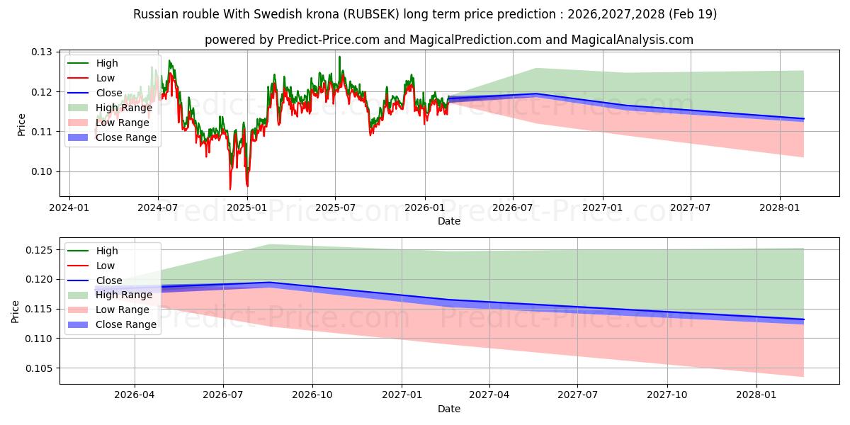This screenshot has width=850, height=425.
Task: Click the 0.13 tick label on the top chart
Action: pyautogui.click(x=41, y=52)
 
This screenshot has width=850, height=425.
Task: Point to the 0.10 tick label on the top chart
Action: pyautogui.click(x=41, y=172)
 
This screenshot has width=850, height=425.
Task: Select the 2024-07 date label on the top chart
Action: pyautogui.click(x=158, y=208)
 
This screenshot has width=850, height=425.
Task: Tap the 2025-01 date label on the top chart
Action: pyautogui.click(x=247, y=208)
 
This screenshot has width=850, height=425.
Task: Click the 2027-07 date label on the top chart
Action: pyautogui.click(x=690, y=208)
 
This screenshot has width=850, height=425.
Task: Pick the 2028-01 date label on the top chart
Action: pyautogui.click(x=780, y=208)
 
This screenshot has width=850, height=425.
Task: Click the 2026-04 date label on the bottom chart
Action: pyautogui.click(x=135, y=395)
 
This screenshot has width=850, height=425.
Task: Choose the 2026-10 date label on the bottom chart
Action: pyautogui.click(x=312, y=395)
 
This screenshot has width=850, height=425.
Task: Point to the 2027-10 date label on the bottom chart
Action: pyautogui.click(x=667, y=395)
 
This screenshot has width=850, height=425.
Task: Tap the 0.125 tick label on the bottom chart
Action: pyautogui.click(x=39, y=251)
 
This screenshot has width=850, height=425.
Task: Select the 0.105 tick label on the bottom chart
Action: pyautogui.click(x=39, y=368)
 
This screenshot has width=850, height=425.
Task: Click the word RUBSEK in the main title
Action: pyautogui.click(x=371, y=14)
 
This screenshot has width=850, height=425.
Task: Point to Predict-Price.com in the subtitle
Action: pyautogui.click(x=329, y=40)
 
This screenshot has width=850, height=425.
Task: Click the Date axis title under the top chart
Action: pyautogui.click(x=449, y=221)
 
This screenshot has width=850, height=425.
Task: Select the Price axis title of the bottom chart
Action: pyautogui.click(x=15, y=312)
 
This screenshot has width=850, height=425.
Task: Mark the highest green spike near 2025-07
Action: pyautogui.click(x=339, y=57)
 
